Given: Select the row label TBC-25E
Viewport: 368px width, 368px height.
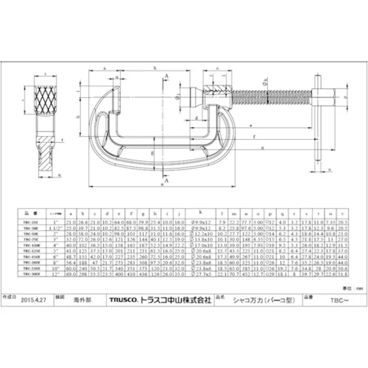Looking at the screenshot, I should tap(31, 221).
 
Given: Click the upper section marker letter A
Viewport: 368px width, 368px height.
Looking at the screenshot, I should tap(166, 76).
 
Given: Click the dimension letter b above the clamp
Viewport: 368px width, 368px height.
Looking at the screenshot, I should tap(155, 68).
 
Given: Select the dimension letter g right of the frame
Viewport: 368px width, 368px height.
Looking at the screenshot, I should tap(263, 148).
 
